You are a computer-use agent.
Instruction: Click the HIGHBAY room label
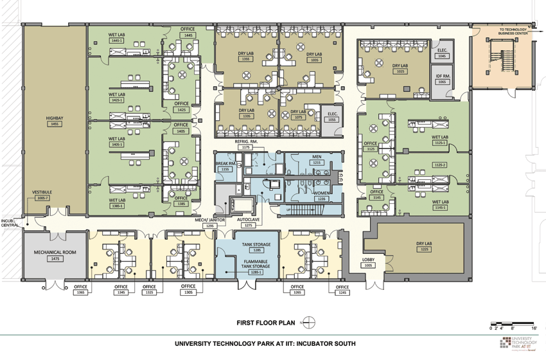click(x=54, y=118)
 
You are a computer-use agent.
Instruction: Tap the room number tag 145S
click(x=54, y=123)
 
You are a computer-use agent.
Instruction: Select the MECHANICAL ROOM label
click(x=55, y=252)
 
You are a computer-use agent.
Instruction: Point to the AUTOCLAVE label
click(x=248, y=219)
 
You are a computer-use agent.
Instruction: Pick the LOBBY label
click(x=368, y=259)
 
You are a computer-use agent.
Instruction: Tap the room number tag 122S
click(x=423, y=249)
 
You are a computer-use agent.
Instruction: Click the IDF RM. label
click(x=442, y=76)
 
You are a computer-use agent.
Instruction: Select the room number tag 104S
click(x=442, y=56)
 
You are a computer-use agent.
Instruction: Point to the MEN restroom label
click(x=317, y=157)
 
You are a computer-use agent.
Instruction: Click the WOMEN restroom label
click(x=321, y=193)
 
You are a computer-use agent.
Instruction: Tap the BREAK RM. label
click(x=225, y=164)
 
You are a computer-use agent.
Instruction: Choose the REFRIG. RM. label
click(x=246, y=141)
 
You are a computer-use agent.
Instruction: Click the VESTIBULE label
click(x=42, y=192)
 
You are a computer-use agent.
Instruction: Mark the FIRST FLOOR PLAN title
click(x=265, y=323)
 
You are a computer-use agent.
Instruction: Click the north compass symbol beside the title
click(x=309, y=323)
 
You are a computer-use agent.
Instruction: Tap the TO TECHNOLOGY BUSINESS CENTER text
click(x=513, y=32)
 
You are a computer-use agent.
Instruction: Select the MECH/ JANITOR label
click(x=209, y=220)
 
